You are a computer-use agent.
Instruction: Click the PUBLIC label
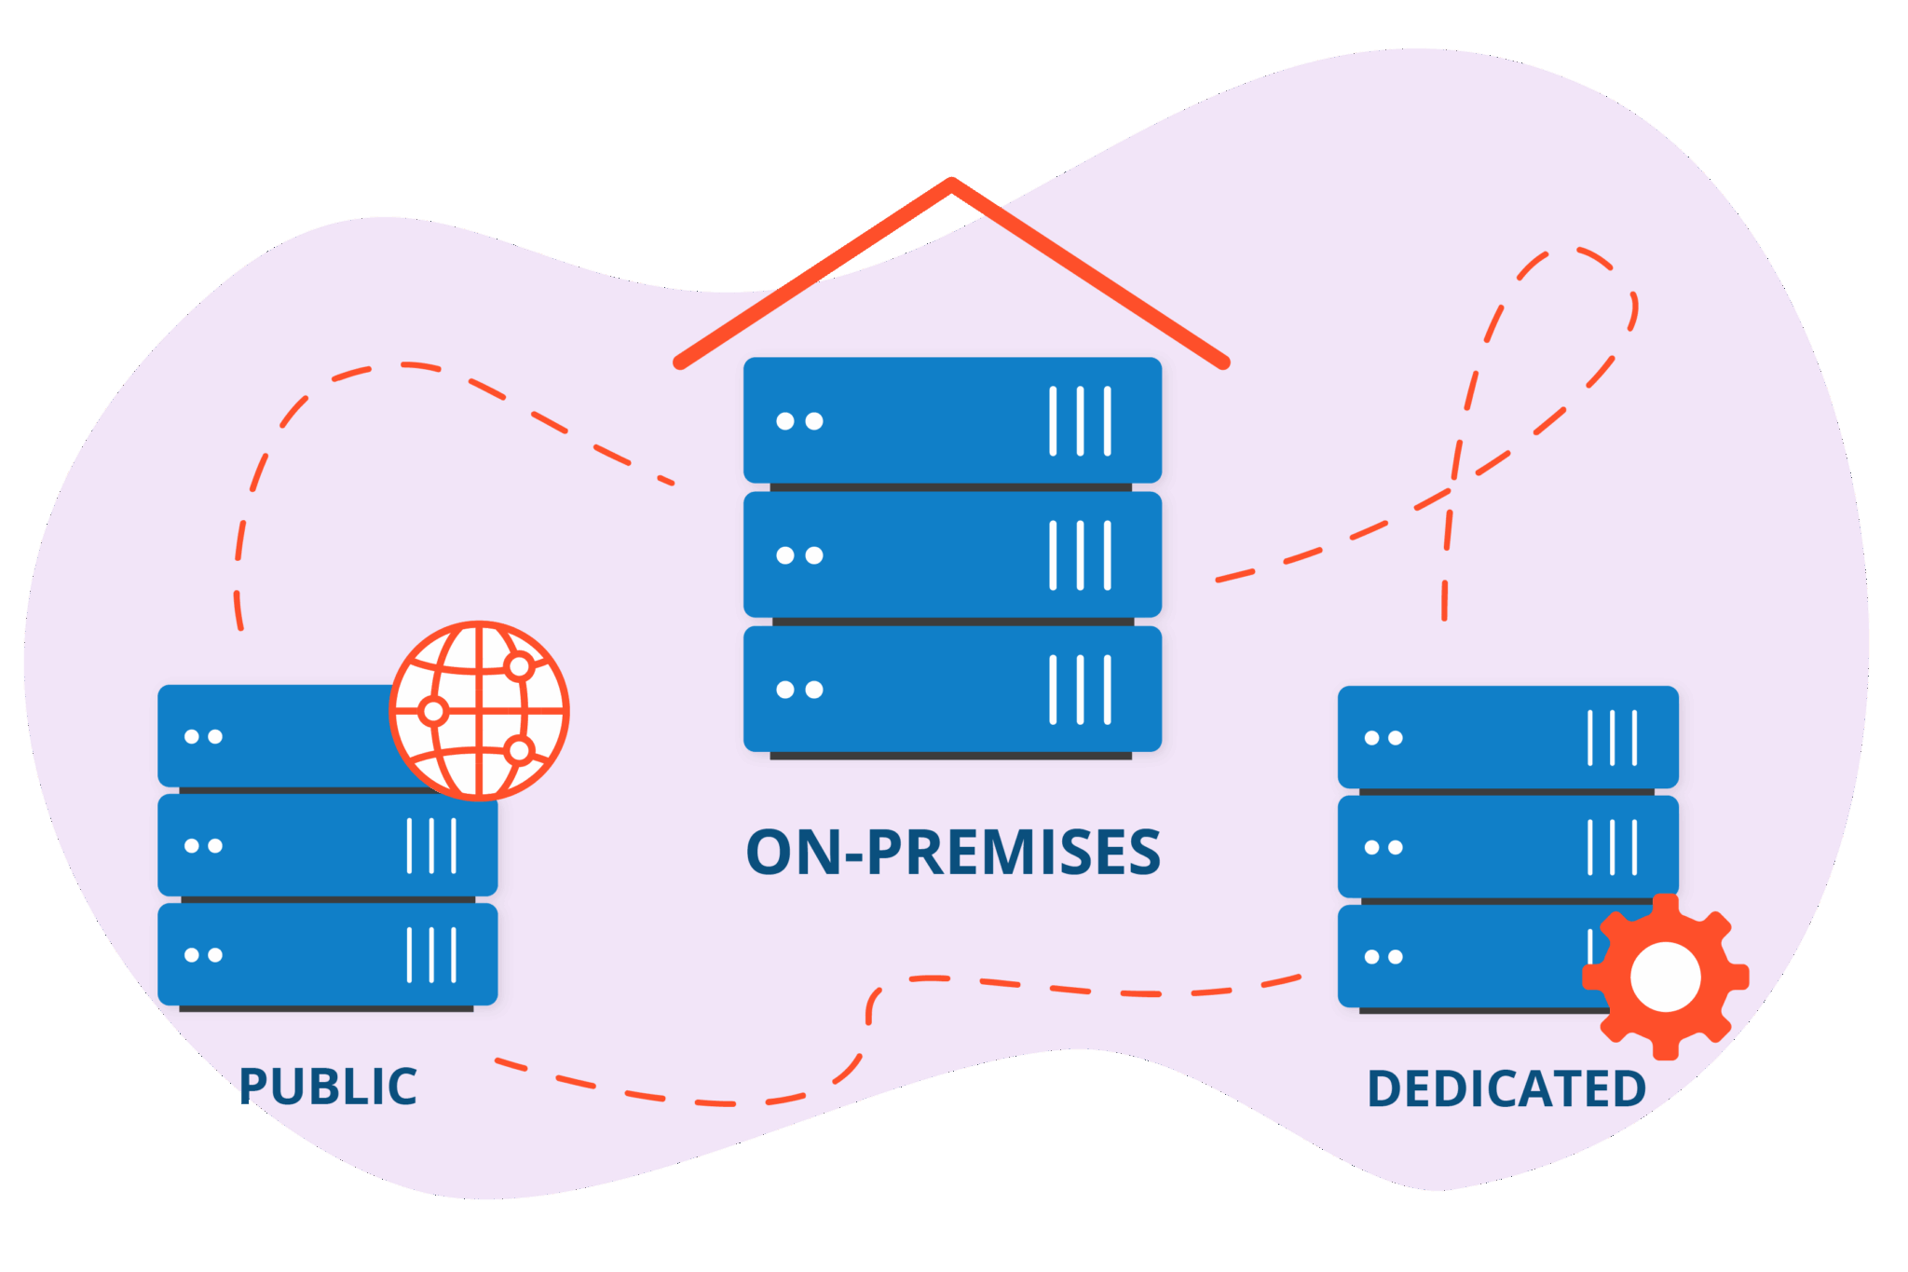[328, 1087]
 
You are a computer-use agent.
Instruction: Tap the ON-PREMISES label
[953, 853]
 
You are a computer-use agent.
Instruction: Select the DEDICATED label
[1506, 1088]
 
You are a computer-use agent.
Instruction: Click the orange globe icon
[479, 711]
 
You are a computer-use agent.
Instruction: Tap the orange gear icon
[1666, 977]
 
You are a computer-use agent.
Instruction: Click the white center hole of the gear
[1666, 977]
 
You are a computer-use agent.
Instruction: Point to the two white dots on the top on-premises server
[799, 421]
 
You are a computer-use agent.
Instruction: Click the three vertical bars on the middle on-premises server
[1080, 555]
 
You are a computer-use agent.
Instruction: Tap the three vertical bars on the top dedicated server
[1612, 738]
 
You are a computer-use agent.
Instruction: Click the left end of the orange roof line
[680, 362]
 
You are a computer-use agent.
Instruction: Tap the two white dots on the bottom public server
[203, 955]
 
